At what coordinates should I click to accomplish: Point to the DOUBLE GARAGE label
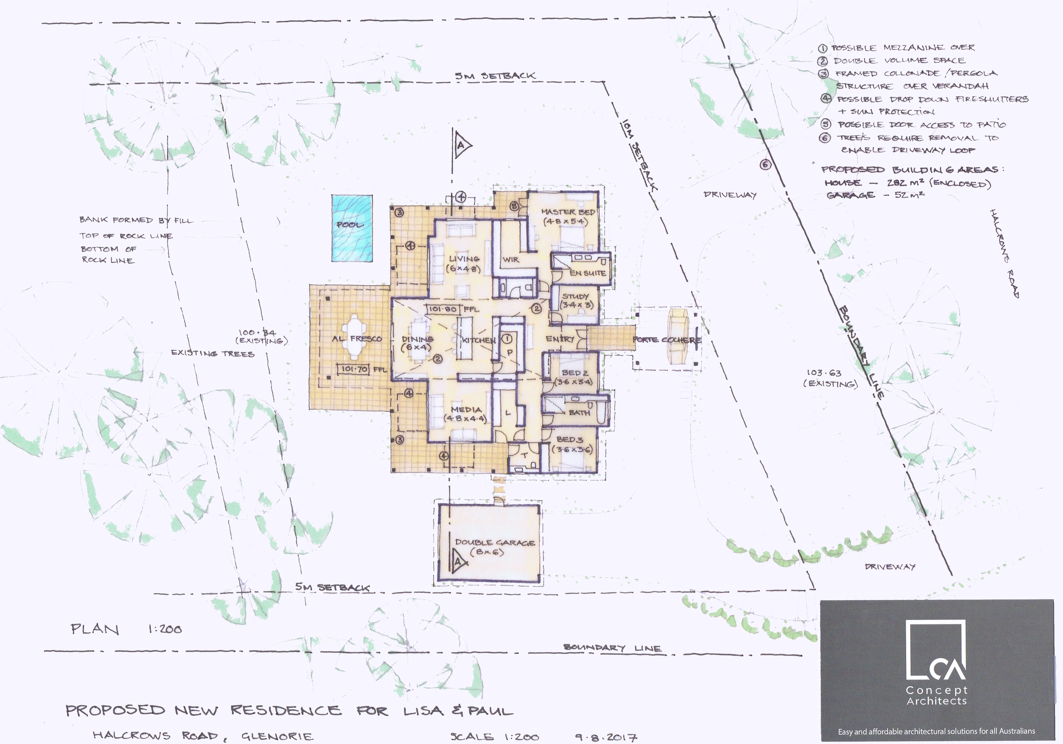[494, 542]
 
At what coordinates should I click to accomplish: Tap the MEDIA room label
[466, 409]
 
